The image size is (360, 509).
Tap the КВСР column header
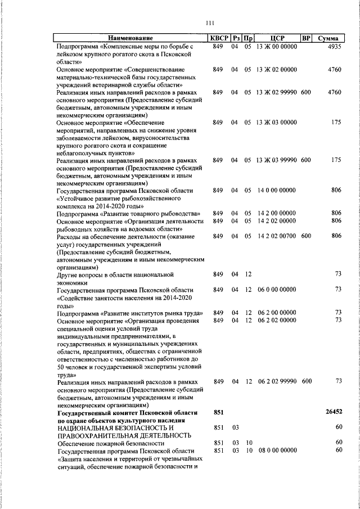click(x=218, y=39)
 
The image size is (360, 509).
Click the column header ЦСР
click(x=276, y=39)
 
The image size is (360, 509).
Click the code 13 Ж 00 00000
click(x=276, y=47)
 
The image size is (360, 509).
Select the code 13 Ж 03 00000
click(x=276, y=122)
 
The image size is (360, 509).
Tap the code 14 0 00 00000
click(x=276, y=191)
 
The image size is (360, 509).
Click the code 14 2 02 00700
click(x=276, y=236)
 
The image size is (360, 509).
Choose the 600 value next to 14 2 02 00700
click(x=306, y=236)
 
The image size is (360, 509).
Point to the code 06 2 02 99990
click(x=277, y=381)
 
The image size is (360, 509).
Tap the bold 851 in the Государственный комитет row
click(x=218, y=412)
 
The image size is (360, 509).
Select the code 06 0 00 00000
click(x=277, y=290)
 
